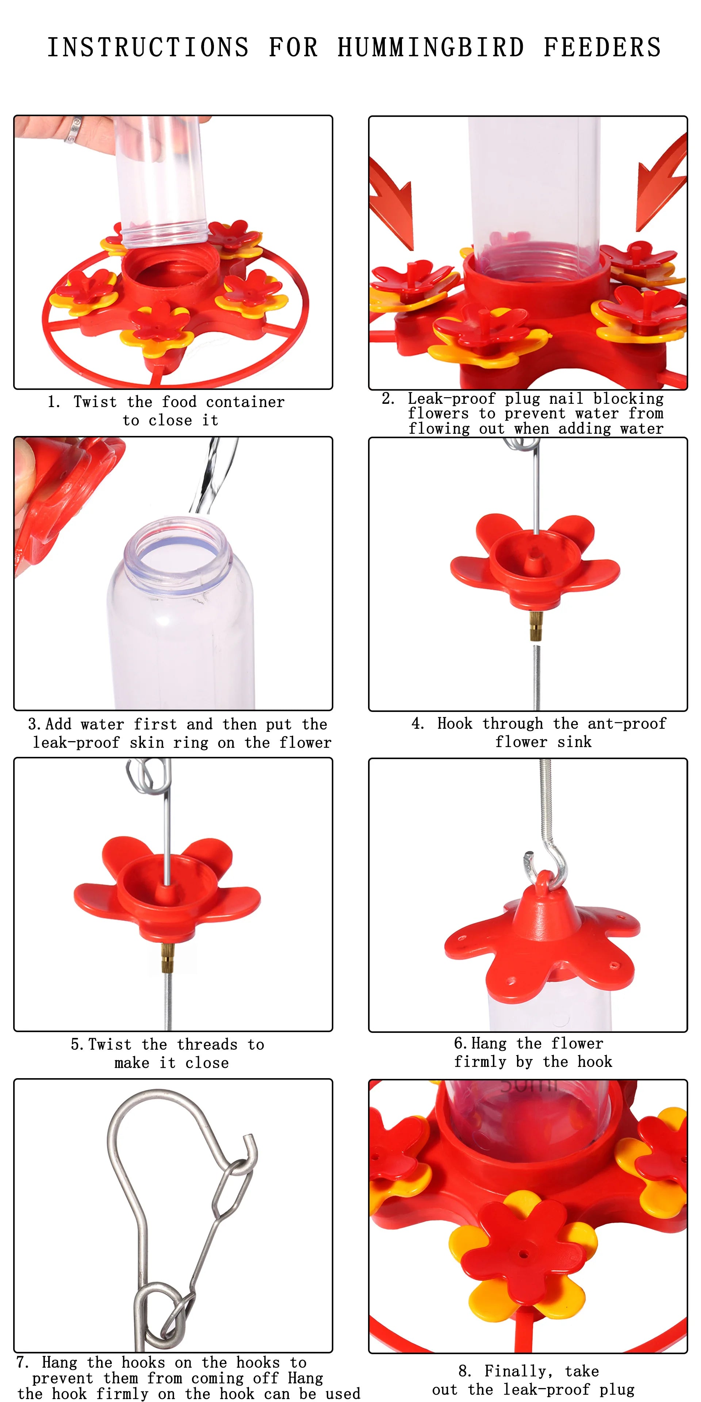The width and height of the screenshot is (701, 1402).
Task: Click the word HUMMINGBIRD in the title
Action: tap(430, 47)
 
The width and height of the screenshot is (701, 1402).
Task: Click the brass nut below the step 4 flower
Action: tap(535, 625)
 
